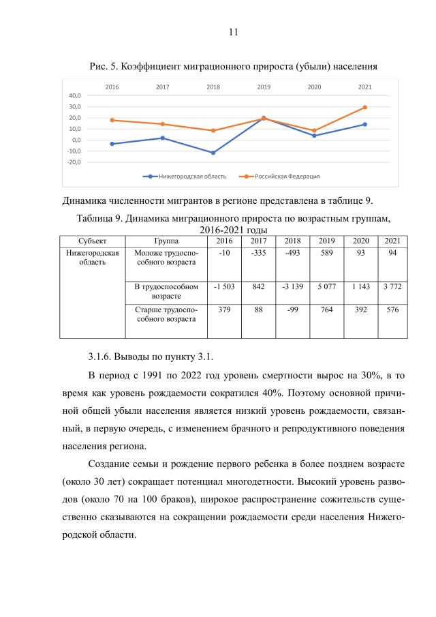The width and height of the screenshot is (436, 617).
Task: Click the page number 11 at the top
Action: pyautogui.click(x=234, y=32)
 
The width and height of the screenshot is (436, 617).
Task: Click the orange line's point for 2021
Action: pyautogui.click(x=364, y=107)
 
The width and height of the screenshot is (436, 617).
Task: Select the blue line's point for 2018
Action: pyautogui.click(x=213, y=153)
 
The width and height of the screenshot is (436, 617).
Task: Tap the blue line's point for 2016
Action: pyautogui.click(x=112, y=144)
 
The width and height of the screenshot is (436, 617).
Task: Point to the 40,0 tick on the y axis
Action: pyautogui.click(x=75, y=95)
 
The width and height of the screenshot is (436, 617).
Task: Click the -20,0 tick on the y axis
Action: pyautogui.click(x=74, y=162)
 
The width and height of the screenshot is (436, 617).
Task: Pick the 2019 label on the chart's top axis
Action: pyautogui.click(x=264, y=87)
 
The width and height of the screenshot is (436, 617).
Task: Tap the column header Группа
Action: pyautogui.click(x=166, y=241)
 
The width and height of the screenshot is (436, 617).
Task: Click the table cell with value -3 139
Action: pyautogui.click(x=292, y=287)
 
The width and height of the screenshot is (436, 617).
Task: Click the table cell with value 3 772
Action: pyautogui.click(x=392, y=287)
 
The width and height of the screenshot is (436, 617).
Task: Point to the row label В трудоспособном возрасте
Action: pyautogui.click(x=166, y=292)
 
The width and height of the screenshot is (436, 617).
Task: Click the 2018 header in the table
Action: pyautogui.click(x=292, y=241)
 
